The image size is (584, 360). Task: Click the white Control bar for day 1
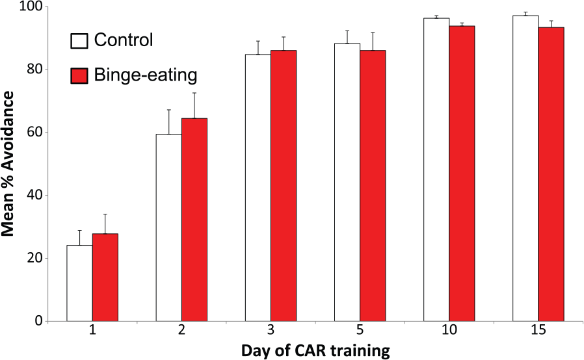pyautogui.click(x=80, y=283)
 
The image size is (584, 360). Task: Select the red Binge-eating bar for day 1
pyautogui.click(x=105, y=277)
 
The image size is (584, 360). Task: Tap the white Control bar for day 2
pyautogui.click(x=169, y=227)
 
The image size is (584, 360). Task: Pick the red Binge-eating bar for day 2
pyautogui.click(x=194, y=220)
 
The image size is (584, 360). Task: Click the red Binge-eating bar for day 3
pyautogui.click(x=284, y=186)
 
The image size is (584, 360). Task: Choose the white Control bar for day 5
pyautogui.click(x=347, y=183)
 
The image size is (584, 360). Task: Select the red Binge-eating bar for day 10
pyautogui.click(x=462, y=174)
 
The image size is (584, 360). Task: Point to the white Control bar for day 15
pyautogui.click(x=525, y=168)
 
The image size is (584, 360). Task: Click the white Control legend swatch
pyautogui.click(x=79, y=41)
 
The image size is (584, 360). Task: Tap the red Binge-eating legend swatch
pyautogui.click(x=79, y=75)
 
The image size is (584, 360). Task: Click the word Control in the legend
pyautogui.click(x=124, y=40)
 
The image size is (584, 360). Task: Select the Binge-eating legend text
pyautogui.click(x=146, y=75)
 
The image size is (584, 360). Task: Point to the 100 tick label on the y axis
pyautogui.click(x=32, y=7)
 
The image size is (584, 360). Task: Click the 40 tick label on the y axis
pyautogui.click(x=34, y=195)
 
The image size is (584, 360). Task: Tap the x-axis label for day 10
pyautogui.click(x=449, y=330)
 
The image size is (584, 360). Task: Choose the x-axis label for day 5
pyautogui.click(x=360, y=330)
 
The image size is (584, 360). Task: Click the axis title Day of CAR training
pyautogui.click(x=315, y=351)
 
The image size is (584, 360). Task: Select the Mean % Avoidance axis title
pyautogui.click(x=7, y=164)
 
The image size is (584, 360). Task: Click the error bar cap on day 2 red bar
pyautogui.click(x=194, y=93)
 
